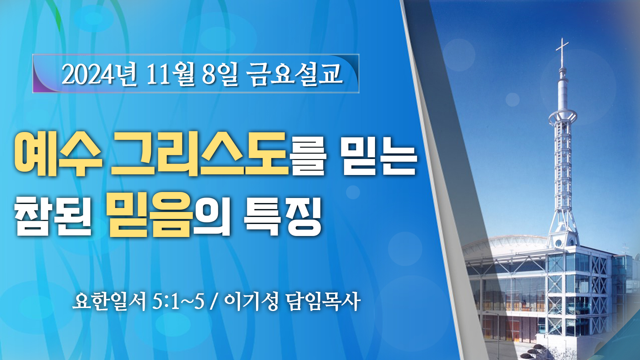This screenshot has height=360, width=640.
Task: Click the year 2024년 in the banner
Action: (99, 74)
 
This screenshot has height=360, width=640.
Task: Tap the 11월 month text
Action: (170, 74)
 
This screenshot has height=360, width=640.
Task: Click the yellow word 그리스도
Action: (199, 154)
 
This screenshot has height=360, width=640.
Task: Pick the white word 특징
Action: (283, 216)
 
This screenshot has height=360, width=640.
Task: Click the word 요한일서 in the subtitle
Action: (109, 301)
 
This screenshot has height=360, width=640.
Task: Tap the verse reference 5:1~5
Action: (178, 302)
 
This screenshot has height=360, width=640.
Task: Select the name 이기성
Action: (251, 301)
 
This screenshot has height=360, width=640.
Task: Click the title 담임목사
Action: (323, 301)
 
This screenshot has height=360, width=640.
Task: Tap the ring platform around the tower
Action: (563, 117)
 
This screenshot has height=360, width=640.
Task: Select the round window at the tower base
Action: (558, 243)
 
